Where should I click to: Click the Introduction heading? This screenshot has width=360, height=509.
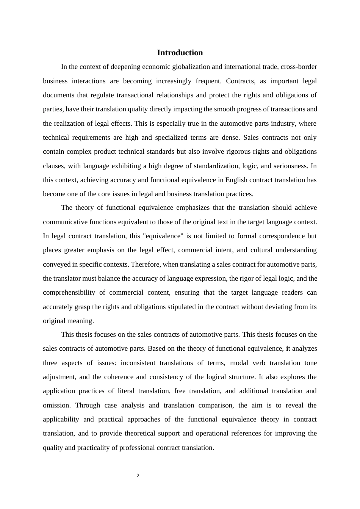180,53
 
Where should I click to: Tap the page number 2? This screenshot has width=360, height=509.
138,476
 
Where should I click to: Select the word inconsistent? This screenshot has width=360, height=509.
138,363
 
